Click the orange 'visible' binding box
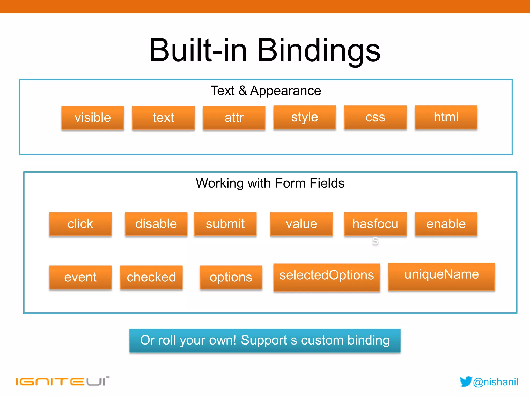(x=93, y=118)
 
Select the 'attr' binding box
(x=234, y=118)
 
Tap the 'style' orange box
(x=305, y=117)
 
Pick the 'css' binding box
(x=375, y=117)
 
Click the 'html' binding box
(x=446, y=117)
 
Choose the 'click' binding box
(x=80, y=224)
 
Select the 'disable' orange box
(x=156, y=224)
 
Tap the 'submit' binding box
(x=225, y=224)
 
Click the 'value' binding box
(x=301, y=224)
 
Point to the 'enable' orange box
(x=446, y=224)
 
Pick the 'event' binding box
(x=80, y=277)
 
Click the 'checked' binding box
(x=151, y=277)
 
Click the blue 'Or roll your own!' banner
(x=265, y=340)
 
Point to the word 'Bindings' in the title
(x=319, y=50)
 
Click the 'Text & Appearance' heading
(x=266, y=91)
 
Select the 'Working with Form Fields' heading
(x=270, y=183)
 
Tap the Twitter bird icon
(x=466, y=381)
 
